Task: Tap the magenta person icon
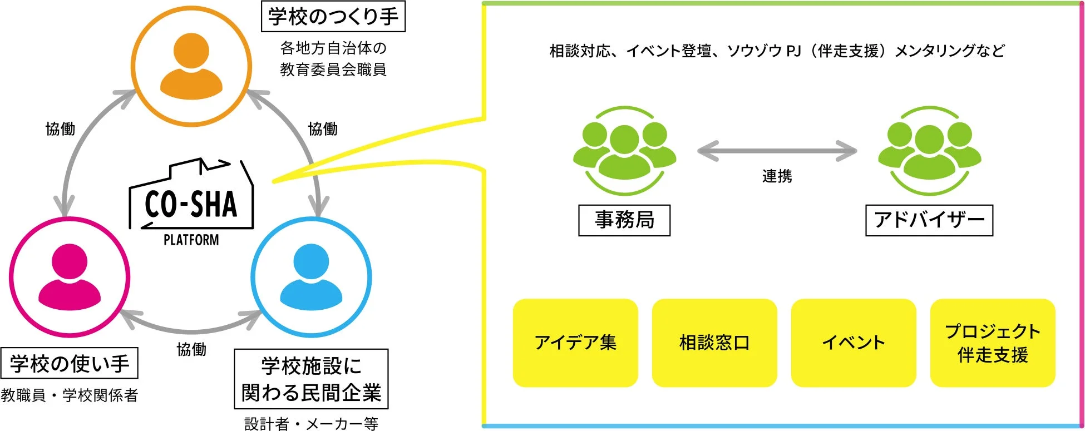tap(70, 277)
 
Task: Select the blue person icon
tap(311, 277)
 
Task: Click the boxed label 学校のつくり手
tap(333, 17)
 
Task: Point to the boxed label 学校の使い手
tap(70, 364)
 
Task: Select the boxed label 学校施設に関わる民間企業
tap(311, 379)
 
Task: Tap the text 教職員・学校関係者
tap(70, 395)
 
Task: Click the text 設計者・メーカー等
tap(311, 424)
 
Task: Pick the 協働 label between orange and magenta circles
tap(60, 129)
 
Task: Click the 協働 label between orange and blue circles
tap(323, 129)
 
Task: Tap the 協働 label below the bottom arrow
tap(191, 349)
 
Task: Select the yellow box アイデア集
tap(575, 343)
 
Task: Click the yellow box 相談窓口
tap(714, 343)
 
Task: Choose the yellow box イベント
tap(854, 343)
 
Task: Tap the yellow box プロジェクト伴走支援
tap(993, 343)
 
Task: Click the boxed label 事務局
tap(624, 220)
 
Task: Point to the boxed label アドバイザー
tap(929, 220)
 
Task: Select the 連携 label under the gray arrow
tap(777, 176)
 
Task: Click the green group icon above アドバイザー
tap(929, 151)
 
